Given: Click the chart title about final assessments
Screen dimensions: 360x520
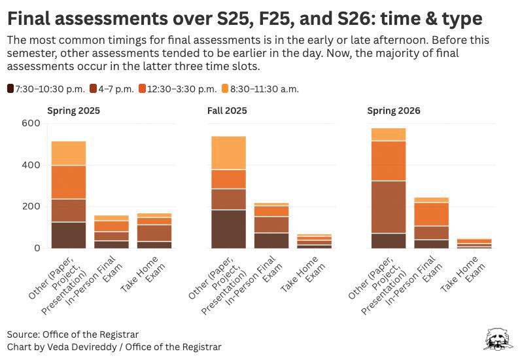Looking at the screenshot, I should click(245, 18).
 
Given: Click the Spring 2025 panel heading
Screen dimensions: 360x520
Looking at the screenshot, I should click(73, 111).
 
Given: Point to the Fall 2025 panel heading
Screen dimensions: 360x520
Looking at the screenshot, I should click(226, 111).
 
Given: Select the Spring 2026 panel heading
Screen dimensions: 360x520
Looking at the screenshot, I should click(393, 111).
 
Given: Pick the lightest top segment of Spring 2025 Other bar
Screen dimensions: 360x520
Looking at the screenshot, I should click(69, 153).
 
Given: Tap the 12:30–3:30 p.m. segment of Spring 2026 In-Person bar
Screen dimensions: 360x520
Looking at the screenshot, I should click(431, 214).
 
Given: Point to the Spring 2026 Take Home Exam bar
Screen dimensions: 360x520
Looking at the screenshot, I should click(475, 243).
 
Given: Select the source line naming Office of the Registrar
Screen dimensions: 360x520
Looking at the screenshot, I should click(73, 334).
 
